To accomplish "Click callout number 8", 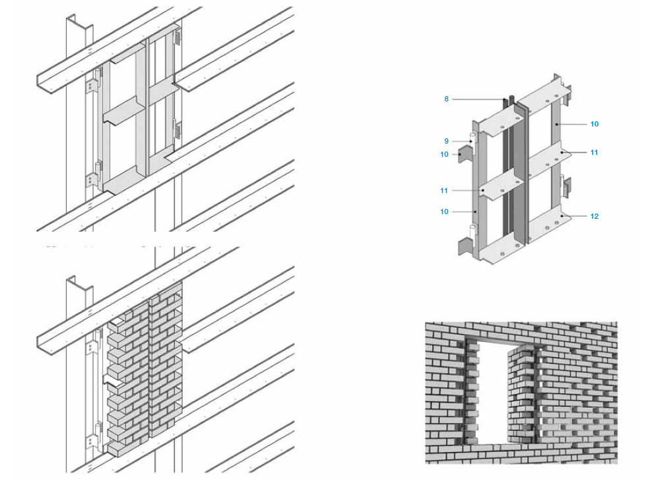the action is (x=446, y=99).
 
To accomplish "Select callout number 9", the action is (x=446, y=141).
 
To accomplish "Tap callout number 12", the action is (x=594, y=216).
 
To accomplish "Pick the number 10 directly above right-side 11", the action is (x=594, y=124).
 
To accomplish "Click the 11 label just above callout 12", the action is (x=594, y=152).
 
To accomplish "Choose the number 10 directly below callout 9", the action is (x=444, y=155).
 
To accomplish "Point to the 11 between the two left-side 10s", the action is (x=443, y=191).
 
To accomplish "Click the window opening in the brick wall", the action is (x=492, y=392).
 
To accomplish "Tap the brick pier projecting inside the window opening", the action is (x=522, y=394).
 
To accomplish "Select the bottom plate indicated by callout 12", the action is (x=547, y=225).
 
